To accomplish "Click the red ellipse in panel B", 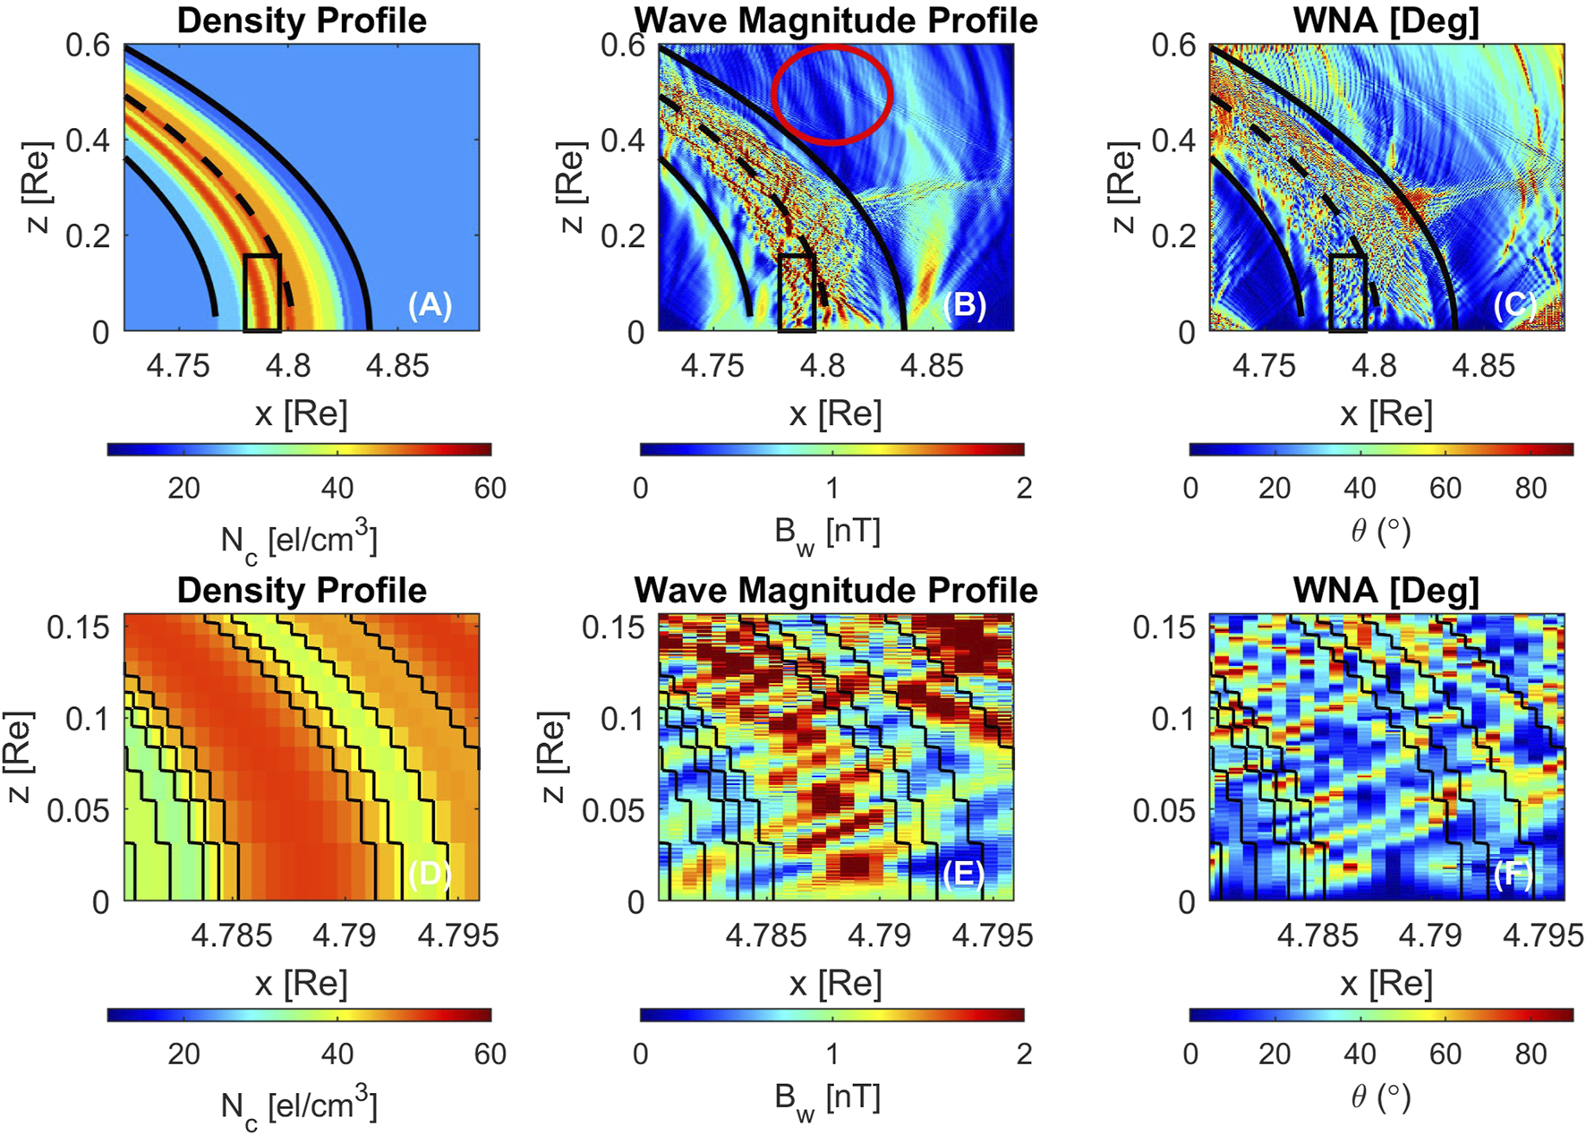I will pos(831,94).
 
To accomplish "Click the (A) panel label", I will pos(430,305).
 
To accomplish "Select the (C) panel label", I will pos(1514,305).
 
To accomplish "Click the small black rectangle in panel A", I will pos(262,293).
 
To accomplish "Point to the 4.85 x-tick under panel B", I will pos(932,366).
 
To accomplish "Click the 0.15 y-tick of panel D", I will pos(78,627).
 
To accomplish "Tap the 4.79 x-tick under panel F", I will pos(1429,935).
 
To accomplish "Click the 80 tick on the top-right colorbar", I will pos(1531,488).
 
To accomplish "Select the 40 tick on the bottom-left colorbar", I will pos(337,1054).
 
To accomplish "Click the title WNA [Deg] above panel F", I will pos(1386,591).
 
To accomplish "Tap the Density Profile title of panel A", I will pos(302,21).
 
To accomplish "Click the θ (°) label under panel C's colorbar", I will pos(1380,532).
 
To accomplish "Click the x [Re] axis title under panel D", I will pos(301,984).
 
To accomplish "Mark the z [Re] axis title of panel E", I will pos(552,756).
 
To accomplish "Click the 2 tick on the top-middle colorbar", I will pos(1024,488).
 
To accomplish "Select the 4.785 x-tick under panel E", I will pos(766,935).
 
